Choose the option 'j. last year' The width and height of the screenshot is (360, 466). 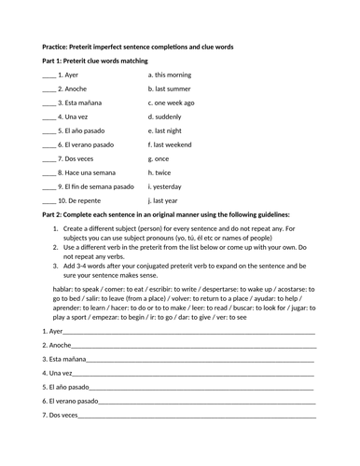(x=167, y=199)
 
